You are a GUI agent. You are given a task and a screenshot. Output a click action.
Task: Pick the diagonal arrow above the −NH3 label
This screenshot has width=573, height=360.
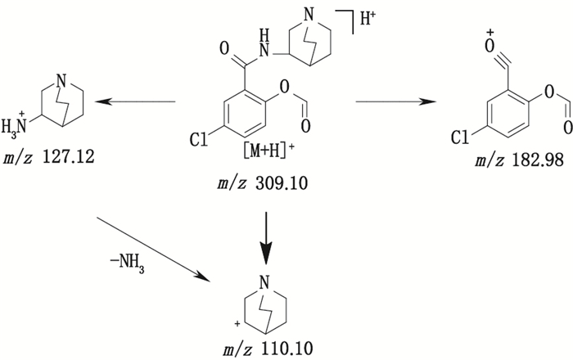click(156, 249)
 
